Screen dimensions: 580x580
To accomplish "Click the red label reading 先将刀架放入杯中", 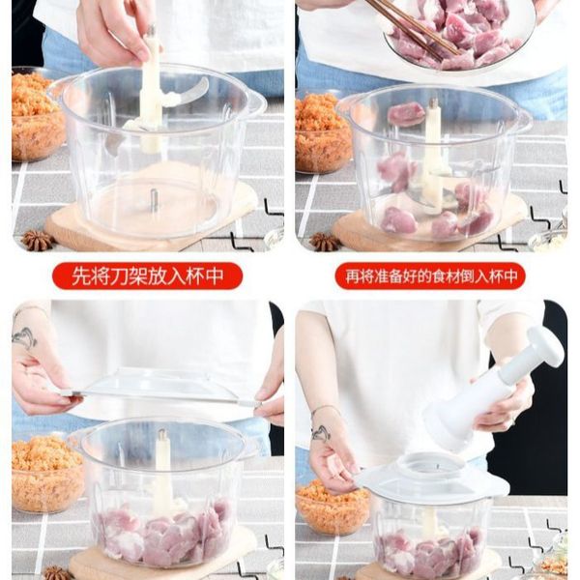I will [x=147, y=275].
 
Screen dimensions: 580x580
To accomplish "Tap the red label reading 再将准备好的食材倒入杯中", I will [x=430, y=275].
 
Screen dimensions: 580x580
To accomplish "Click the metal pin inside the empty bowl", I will [x=154, y=199].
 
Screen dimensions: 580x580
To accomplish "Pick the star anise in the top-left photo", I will [x=37, y=240].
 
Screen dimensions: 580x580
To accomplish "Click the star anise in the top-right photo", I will [x=324, y=242].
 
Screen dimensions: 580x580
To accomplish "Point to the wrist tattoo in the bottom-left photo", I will [x=24, y=337].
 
